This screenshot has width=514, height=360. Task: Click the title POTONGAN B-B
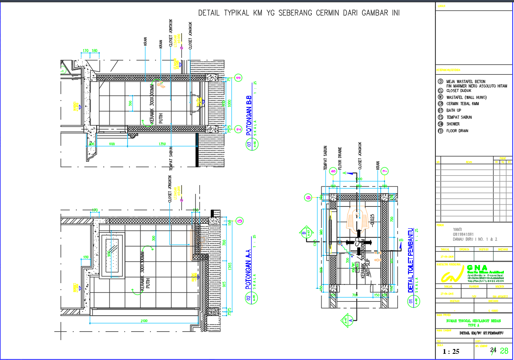click(249, 116)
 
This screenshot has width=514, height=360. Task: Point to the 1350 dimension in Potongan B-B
click(162, 144)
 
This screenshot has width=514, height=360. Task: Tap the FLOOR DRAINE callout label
click(340, 159)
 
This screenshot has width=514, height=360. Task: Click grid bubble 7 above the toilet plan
click(385, 171)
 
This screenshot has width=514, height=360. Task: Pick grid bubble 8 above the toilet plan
click(333, 171)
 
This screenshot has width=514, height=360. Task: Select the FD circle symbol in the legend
click(440, 131)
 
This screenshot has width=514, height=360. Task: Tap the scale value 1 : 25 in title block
click(451, 352)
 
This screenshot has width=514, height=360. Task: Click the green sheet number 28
click(504, 351)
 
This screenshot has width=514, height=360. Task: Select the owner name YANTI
click(458, 229)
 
